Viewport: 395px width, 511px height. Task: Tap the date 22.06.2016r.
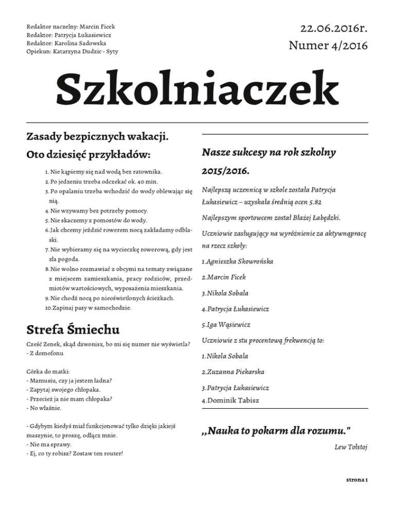coord(328,28)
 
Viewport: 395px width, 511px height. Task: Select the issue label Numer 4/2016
coord(328,46)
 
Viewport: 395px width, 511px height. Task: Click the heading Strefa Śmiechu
coord(73,328)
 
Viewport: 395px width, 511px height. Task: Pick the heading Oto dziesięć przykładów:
coord(88,154)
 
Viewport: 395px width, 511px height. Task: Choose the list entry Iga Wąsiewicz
coord(229,325)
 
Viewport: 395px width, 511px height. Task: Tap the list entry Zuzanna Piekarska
coord(238,372)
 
